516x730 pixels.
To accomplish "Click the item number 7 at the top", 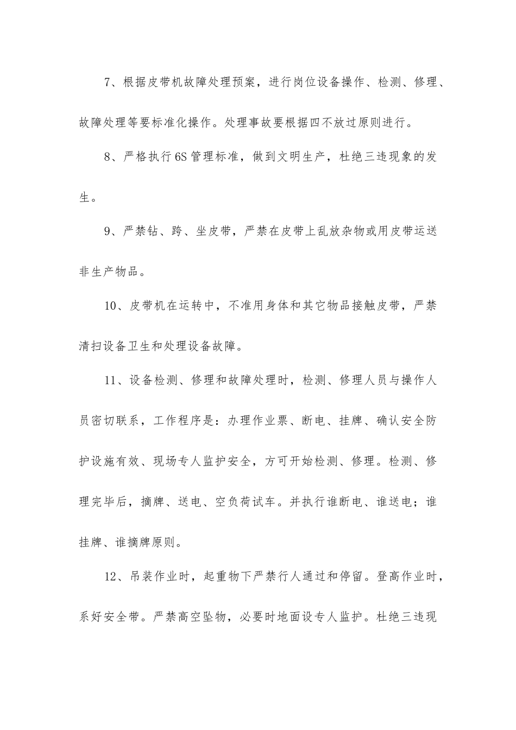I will (x=108, y=83).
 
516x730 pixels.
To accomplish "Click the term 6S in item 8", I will (x=181, y=158).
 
